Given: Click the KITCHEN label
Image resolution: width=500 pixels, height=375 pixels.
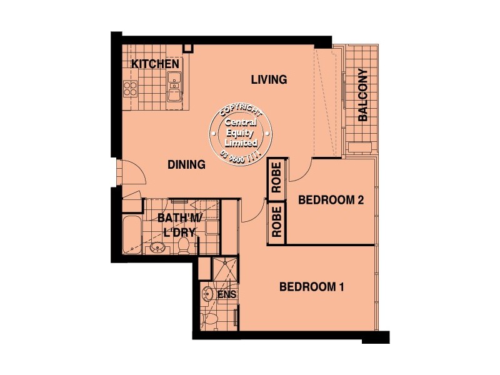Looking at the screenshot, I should pos(156,64).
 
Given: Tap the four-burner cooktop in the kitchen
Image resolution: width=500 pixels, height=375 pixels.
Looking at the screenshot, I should pos(130,88).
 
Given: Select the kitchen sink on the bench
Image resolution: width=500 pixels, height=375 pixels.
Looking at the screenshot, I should pos(174,86).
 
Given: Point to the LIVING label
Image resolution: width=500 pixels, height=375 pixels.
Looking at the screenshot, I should pos(269,79).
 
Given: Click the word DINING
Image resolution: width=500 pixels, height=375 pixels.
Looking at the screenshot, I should pos(187,165).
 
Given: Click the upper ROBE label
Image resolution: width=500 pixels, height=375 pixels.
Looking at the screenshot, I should pos(276,178).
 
